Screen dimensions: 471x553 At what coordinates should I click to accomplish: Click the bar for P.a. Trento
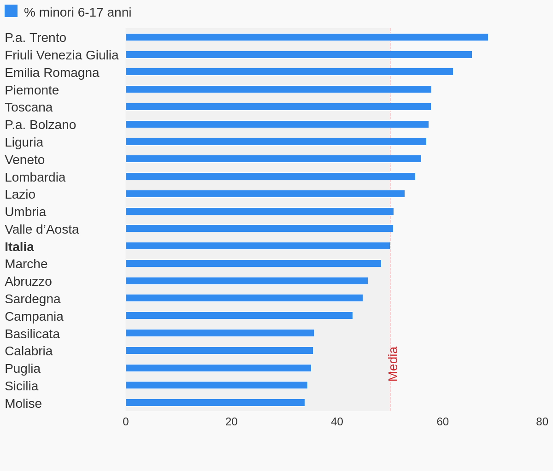point(306,37)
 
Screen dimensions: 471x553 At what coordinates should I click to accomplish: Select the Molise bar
point(215,403)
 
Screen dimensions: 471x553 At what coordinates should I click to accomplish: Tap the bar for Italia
point(258,246)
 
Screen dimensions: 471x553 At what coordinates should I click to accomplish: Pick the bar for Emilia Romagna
point(289,72)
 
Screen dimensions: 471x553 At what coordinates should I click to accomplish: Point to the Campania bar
point(239,316)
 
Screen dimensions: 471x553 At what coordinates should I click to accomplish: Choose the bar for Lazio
point(265,194)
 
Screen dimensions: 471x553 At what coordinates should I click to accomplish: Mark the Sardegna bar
point(244,298)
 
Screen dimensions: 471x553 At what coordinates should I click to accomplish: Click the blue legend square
point(11,11)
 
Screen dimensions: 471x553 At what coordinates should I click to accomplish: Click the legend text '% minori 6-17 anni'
point(77,12)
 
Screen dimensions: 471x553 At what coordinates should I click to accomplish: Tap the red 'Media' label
point(393,364)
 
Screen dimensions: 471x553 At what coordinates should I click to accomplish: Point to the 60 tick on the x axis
point(442,422)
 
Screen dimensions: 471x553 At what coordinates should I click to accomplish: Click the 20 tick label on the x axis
point(231,422)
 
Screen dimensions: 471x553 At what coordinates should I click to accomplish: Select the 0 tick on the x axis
point(126,422)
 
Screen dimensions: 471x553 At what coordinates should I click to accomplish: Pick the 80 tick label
point(542,422)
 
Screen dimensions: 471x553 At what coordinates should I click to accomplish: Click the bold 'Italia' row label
point(19,247)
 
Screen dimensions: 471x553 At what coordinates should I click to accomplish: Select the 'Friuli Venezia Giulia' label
point(62,55)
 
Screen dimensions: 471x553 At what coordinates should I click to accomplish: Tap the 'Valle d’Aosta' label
point(42,230)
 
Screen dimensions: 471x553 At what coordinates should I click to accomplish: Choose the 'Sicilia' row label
point(22,386)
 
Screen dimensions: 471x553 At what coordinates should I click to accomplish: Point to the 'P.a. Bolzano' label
point(41,125)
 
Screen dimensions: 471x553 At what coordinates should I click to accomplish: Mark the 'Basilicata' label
point(32,334)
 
